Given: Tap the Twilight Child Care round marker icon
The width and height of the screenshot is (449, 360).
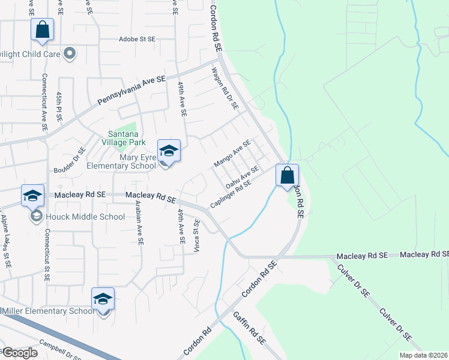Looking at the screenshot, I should pos(70,53).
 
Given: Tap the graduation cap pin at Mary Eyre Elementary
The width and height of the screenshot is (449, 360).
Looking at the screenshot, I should pos(169,151).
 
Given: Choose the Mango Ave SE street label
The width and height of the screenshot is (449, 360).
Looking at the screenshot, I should pos(232,154).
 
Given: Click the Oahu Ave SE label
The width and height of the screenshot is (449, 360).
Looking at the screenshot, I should pos(241,175).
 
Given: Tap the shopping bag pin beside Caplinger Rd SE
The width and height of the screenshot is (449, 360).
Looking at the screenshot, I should pos(288,175).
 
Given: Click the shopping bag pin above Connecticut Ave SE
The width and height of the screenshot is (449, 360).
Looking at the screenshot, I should pos(42,30).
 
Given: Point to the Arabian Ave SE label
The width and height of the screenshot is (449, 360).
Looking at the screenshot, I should pos(139,223).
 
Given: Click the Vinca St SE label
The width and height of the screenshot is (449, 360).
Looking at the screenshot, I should pos(196,235).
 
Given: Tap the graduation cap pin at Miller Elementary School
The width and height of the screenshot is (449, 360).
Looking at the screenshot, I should pos(103,299).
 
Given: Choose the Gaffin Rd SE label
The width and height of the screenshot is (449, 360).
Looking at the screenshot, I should pos(249,328).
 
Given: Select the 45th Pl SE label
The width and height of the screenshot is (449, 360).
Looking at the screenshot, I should pos(59,107).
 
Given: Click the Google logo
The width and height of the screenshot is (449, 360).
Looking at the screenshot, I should pos(19,353).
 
